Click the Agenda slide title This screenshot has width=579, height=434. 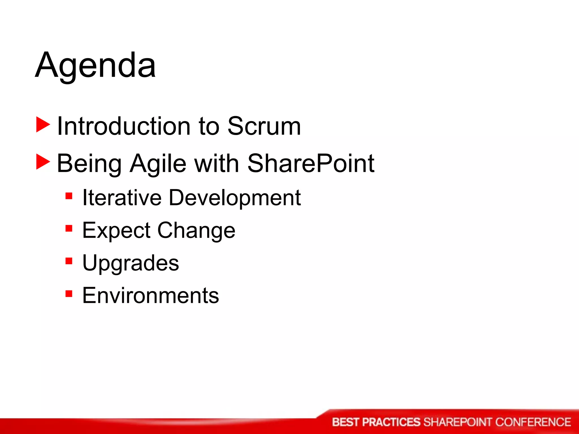tap(95, 66)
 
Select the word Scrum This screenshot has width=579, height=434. tap(264, 126)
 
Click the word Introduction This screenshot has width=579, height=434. tap(124, 126)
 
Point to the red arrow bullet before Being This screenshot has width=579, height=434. tap(43, 162)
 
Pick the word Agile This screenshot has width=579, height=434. tap(158, 164)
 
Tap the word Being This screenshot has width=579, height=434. tap(89, 164)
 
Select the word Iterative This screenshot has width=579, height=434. tap(122, 198)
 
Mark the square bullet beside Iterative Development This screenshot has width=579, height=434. tap(69, 196)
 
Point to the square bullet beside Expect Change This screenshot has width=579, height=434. tap(69, 228)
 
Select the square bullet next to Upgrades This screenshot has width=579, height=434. tap(69, 261)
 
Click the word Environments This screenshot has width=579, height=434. tap(150, 296)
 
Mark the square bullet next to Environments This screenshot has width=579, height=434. tap(69, 294)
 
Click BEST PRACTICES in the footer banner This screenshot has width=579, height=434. tap(376, 422)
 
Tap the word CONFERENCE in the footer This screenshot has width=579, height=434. tap(533, 422)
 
